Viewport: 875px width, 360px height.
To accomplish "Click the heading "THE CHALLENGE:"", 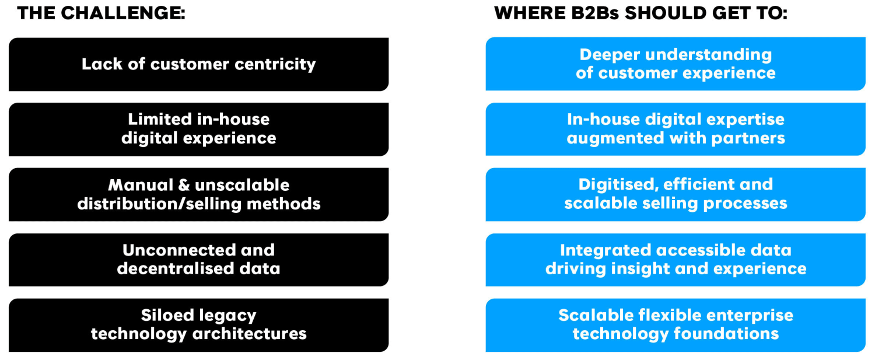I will point(101,13).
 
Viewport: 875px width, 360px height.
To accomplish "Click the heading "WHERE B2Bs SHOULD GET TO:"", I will point(640,13).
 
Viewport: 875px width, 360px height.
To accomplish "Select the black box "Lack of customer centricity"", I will point(198,64).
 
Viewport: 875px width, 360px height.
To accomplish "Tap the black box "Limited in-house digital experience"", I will point(198,129).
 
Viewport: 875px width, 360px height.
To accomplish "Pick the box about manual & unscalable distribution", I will point(198,194).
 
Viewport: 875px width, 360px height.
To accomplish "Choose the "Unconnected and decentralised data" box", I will point(198,260).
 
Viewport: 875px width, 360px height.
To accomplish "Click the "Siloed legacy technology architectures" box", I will point(198,325).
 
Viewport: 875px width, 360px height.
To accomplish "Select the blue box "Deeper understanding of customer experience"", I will point(675,64).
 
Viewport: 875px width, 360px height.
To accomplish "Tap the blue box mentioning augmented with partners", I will point(675,129).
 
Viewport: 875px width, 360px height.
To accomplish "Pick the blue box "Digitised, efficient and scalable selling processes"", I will point(675,194).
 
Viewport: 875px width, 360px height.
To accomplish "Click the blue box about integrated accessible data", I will point(675,260).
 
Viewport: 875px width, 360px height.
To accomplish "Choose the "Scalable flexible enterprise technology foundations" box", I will point(675,325).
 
